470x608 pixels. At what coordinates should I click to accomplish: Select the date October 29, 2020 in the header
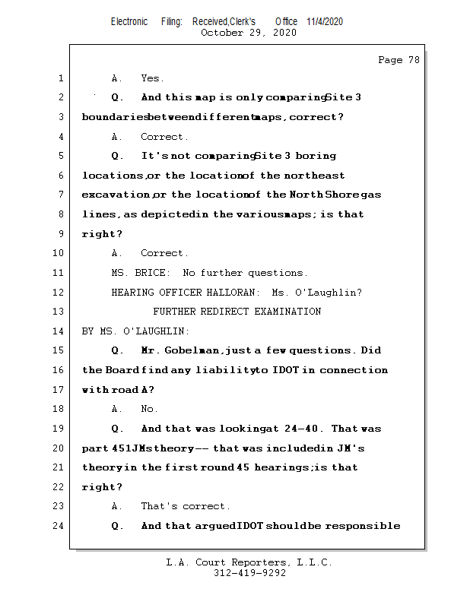(x=248, y=33)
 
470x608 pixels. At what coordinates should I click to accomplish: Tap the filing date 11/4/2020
(x=325, y=21)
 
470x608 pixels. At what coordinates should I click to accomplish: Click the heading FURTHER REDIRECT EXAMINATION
(x=237, y=312)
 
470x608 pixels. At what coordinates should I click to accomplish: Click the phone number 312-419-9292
(x=249, y=573)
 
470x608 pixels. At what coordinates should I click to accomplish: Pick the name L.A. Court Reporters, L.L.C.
(x=249, y=562)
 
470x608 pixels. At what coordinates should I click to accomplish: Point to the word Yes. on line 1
(x=152, y=78)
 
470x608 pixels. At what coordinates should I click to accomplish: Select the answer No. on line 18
(x=150, y=409)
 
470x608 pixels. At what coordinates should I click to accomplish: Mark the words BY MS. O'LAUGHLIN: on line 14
(x=135, y=331)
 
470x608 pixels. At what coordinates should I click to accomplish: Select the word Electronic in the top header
(x=129, y=21)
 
